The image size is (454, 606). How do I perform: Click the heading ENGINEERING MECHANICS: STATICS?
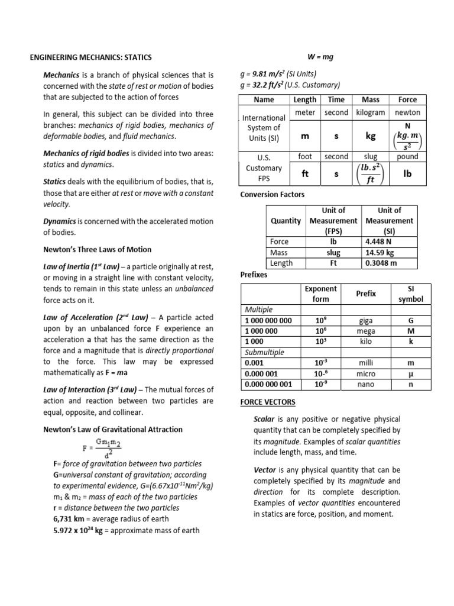click(91, 57)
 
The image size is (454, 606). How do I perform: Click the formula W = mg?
click(320, 57)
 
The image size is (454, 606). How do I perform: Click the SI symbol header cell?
click(411, 294)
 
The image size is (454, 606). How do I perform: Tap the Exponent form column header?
click(320, 294)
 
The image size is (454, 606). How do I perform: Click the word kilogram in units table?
click(371, 112)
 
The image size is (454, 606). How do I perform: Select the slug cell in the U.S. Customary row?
click(371, 157)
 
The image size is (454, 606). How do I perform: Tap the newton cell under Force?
click(407, 112)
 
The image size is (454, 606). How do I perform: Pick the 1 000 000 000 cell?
click(268, 320)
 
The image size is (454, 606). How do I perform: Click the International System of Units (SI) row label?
click(264, 128)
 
